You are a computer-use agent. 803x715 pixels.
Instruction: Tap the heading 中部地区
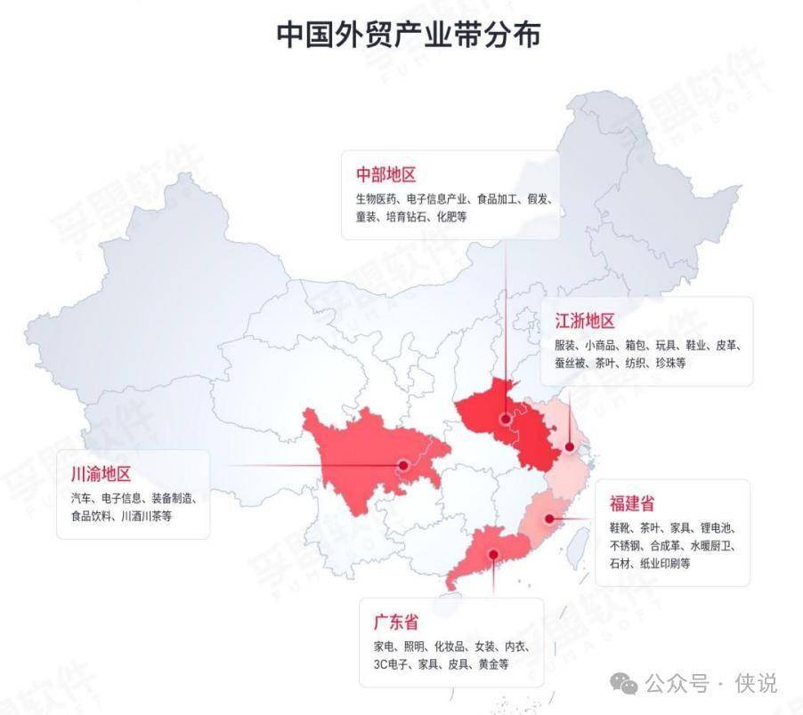point(386,174)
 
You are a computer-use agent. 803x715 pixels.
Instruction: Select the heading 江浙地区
point(585,321)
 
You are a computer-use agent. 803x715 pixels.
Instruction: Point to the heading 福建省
point(633,503)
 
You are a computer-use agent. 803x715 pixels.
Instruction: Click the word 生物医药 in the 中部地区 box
point(377,199)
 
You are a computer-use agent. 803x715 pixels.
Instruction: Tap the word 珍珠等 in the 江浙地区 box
point(669,363)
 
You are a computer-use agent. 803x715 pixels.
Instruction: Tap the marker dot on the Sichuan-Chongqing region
point(403,464)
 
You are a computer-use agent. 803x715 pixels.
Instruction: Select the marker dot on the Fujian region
point(549,518)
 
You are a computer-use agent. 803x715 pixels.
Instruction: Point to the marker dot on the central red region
point(506,418)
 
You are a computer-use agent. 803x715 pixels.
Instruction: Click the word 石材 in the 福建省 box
point(621,563)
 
